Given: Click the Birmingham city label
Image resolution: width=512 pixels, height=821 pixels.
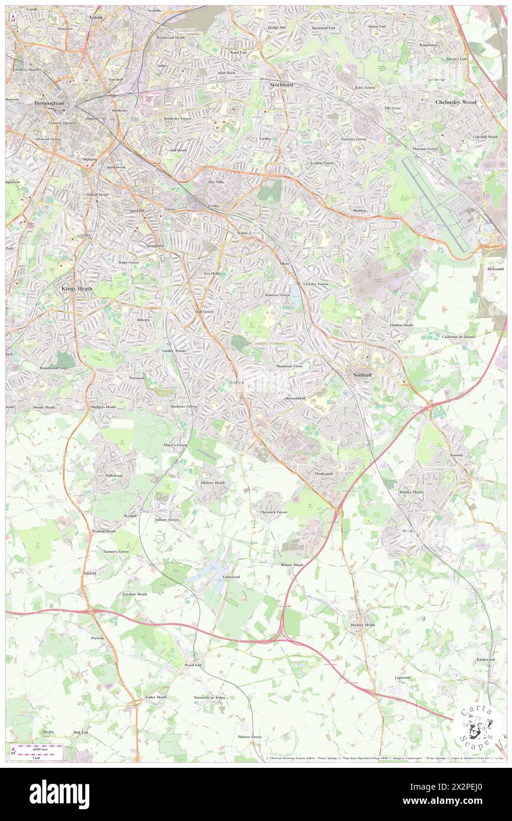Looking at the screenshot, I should (x=49, y=103).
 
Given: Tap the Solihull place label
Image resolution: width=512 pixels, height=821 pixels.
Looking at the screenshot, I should (x=360, y=375).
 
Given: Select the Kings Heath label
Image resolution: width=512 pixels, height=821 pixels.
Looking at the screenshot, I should (x=77, y=289).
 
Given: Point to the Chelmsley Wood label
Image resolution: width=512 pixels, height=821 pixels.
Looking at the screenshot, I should (x=456, y=102).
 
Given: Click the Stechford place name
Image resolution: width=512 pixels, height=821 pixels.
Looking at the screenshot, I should (x=281, y=84).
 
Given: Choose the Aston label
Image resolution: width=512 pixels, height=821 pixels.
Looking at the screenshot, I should (x=95, y=18).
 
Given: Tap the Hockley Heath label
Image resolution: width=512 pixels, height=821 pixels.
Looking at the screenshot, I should (x=362, y=625).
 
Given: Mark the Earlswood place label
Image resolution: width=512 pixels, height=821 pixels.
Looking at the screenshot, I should (x=231, y=576).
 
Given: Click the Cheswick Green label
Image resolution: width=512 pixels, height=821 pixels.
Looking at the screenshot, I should (x=274, y=512).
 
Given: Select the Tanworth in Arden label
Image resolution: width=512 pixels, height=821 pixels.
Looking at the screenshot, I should (x=210, y=698).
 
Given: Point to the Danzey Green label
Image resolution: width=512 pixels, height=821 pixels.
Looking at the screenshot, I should (x=249, y=737).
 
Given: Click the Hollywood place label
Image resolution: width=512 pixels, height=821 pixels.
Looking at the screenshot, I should (x=114, y=475).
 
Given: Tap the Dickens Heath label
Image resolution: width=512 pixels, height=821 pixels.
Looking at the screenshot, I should (x=213, y=483).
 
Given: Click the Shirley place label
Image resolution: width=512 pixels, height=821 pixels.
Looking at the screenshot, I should (x=236, y=382).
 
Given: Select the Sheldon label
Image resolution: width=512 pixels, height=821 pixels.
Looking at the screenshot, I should (x=359, y=210).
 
